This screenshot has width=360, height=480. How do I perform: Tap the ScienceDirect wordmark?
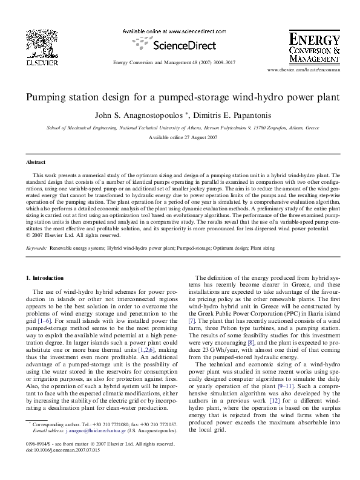click(x=180, y=44)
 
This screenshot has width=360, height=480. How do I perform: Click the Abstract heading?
click(x=36, y=163)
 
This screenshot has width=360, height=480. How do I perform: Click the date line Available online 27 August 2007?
click(x=180, y=137)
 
